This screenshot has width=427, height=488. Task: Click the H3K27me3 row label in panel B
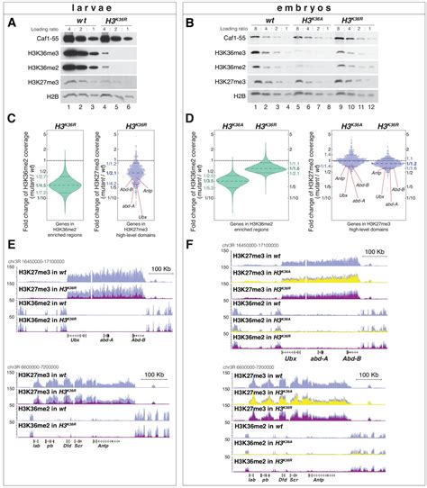tap(249, 94)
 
